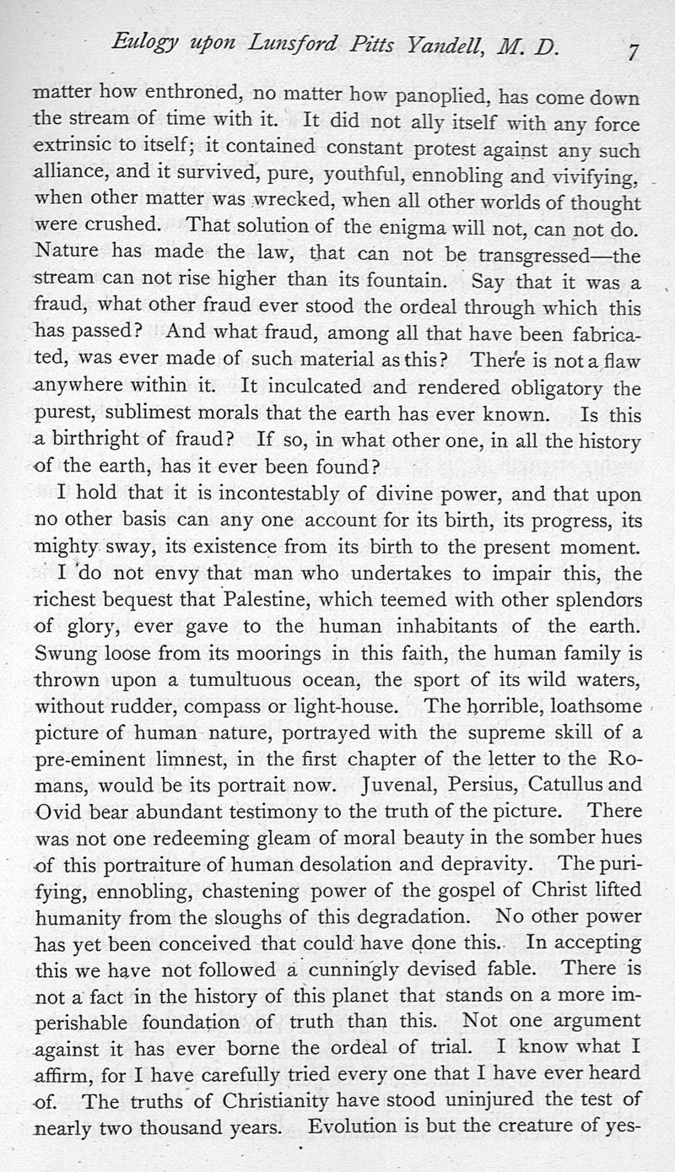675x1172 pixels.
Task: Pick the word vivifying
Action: pos(595,178)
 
